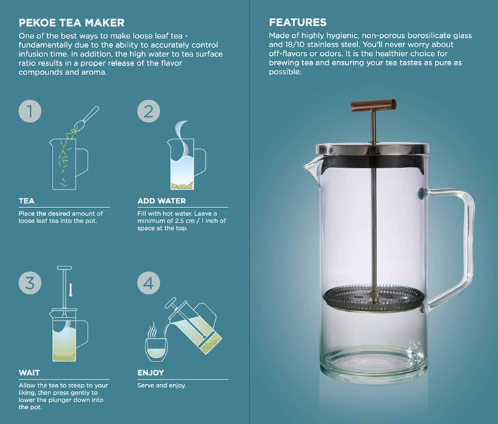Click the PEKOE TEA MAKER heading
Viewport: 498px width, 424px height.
[72, 23]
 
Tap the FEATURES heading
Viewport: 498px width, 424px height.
[297, 22]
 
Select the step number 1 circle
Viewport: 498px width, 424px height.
[30, 111]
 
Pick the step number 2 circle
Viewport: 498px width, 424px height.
[149, 111]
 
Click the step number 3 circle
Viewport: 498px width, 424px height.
[30, 283]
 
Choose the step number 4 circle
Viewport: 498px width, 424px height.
[149, 283]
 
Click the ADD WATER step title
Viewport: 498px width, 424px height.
[161, 201]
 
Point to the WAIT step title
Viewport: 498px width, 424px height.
[29, 373]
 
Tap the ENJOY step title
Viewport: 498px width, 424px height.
[151, 373]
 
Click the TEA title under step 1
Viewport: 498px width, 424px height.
[27, 201]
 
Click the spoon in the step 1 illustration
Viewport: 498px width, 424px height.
[86, 118]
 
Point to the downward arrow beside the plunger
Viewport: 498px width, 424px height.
[70, 290]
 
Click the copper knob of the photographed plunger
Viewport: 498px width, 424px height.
[373, 105]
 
